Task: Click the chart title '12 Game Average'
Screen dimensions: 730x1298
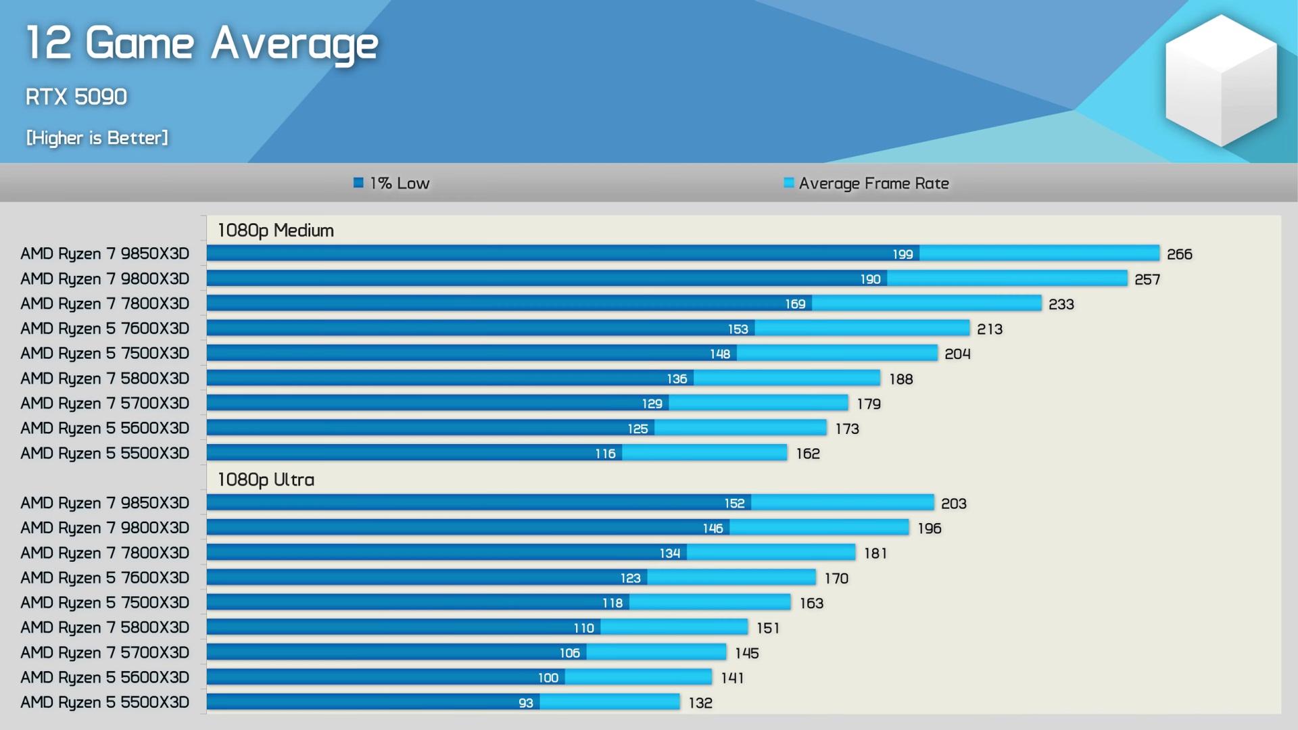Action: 201,43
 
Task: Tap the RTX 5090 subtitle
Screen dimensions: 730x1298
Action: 76,97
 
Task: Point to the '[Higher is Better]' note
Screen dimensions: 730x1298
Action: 97,138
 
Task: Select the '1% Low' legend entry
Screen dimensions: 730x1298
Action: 392,183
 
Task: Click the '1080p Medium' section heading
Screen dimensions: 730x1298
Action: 275,230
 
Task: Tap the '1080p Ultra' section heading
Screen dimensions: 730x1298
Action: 266,480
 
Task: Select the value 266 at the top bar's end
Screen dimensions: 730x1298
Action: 1179,254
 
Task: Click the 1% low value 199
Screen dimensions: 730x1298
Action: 903,254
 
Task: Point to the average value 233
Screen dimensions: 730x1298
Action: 1061,304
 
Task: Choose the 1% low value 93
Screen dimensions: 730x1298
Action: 525,703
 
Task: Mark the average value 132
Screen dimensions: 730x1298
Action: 700,703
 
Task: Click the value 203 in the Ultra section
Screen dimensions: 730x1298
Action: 953,504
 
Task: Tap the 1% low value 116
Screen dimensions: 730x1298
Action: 605,454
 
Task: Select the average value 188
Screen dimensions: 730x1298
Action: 900,379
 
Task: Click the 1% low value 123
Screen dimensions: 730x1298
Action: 630,579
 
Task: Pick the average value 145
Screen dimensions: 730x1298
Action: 746,653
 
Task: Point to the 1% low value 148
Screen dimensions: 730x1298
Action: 719,354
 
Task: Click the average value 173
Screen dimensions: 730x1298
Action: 846,429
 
